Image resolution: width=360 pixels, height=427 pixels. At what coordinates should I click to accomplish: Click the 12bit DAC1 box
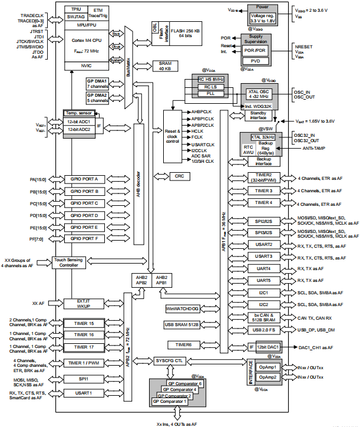tap(267, 347)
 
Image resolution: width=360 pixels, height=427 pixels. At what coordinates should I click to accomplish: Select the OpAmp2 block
tap(267, 377)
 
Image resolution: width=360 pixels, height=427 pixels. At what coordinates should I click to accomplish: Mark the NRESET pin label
tap(302, 45)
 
